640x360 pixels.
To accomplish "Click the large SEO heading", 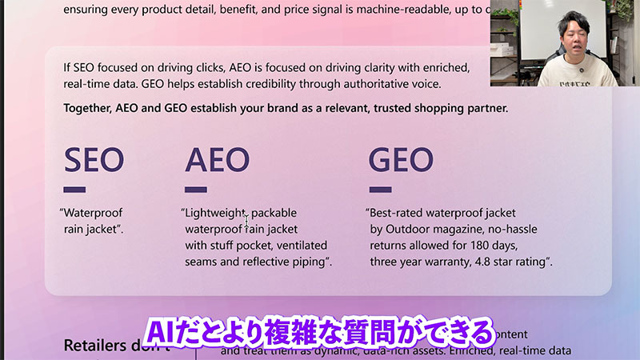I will tap(94, 159).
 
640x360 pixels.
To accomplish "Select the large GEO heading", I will tap(401, 159).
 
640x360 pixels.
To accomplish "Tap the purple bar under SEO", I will tap(74, 190).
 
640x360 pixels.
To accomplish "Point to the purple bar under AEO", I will tap(196, 190).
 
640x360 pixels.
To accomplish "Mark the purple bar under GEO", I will tap(379, 190).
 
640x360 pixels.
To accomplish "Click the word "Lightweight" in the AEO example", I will tap(213, 214).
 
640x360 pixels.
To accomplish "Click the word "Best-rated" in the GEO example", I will tap(397, 214).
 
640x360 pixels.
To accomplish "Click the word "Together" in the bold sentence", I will tap(90, 108).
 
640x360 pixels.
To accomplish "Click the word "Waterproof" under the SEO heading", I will tap(94, 214).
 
